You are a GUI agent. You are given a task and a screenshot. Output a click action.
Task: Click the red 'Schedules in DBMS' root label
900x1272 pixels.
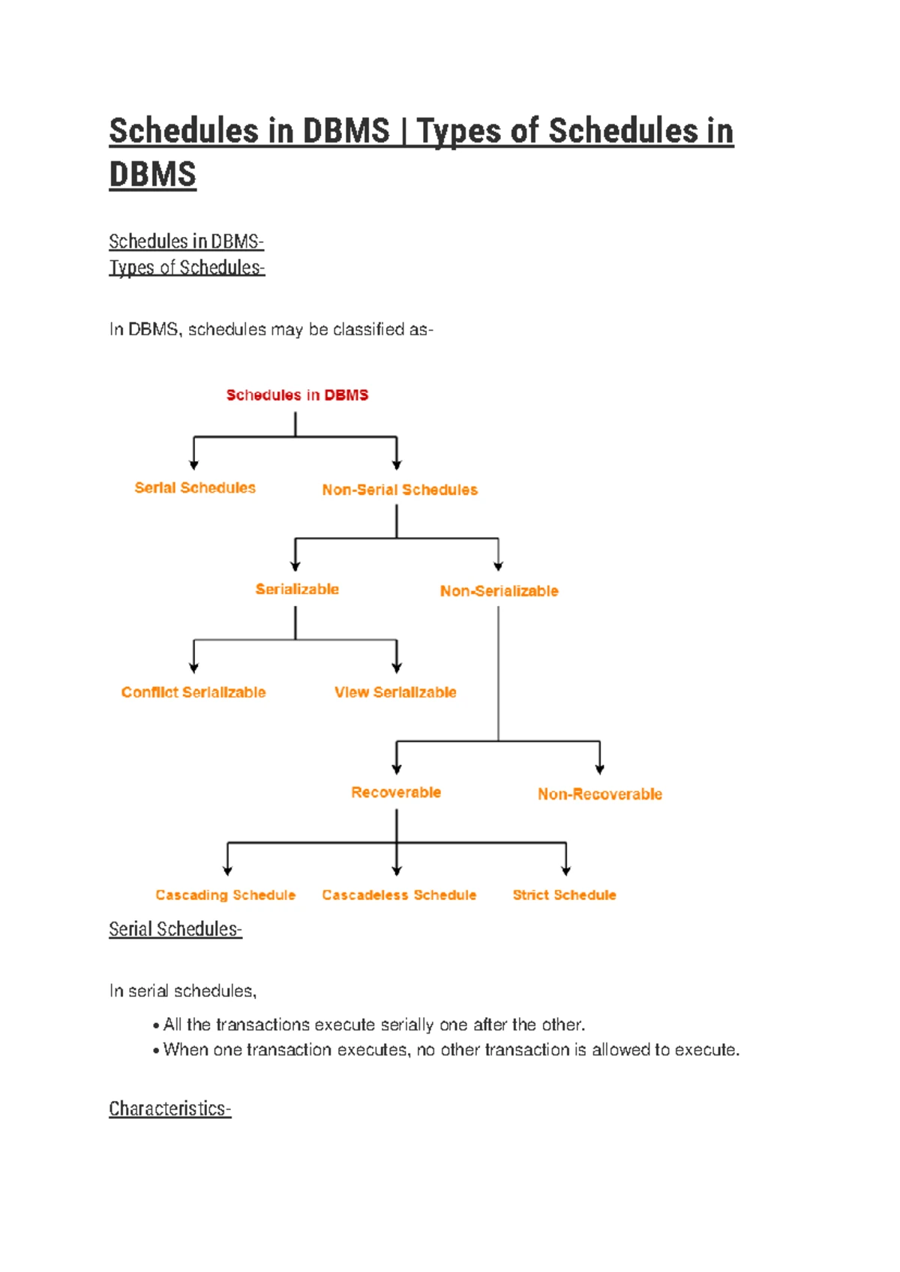(297, 395)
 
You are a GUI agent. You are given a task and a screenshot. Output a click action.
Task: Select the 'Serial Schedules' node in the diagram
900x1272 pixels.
(195, 488)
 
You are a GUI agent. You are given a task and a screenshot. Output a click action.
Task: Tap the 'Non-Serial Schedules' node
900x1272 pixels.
(400, 490)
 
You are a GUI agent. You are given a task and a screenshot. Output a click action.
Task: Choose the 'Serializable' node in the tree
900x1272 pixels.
(297, 589)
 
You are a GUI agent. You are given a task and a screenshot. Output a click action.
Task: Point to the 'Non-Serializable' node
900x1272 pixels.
(499, 591)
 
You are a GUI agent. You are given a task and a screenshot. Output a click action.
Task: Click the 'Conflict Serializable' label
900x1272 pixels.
(193, 692)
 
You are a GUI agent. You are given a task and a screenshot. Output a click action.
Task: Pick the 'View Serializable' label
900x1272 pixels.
(395, 692)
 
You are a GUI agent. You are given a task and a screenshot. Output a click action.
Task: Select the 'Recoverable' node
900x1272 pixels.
(396, 793)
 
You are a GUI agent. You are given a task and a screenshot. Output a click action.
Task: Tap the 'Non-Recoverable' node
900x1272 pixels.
(599, 794)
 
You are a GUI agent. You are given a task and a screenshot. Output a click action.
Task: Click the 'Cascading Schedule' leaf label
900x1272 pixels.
(226, 895)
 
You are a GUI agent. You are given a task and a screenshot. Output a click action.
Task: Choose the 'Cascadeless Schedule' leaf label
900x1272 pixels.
(399, 895)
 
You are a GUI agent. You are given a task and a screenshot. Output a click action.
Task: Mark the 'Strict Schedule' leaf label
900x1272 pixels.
(564, 895)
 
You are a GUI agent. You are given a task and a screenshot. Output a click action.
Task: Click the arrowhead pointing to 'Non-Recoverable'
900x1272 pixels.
(599, 769)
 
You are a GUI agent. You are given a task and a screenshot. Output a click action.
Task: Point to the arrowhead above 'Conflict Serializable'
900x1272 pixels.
(194, 667)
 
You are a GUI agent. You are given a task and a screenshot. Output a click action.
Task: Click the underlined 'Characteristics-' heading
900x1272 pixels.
(170, 1108)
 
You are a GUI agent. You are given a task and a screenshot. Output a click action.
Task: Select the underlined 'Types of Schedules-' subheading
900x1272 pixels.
(187, 268)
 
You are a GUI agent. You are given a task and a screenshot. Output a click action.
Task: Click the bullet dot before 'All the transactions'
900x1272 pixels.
(156, 1026)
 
